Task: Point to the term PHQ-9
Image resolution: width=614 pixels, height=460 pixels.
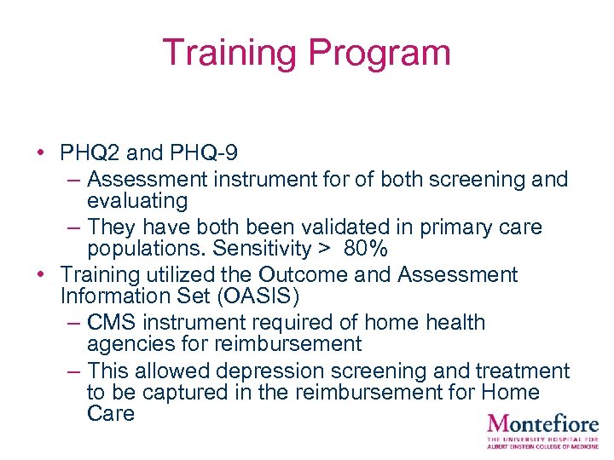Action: point(202,153)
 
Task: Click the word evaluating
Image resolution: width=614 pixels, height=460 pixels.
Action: point(137,201)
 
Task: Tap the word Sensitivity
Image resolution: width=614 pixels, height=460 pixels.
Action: point(263,250)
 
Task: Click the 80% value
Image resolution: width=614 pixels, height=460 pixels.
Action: point(367,250)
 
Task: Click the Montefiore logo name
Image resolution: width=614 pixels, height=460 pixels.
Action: point(542,423)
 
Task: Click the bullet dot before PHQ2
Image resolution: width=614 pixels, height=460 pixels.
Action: point(41,153)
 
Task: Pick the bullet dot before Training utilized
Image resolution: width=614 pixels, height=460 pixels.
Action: point(41,275)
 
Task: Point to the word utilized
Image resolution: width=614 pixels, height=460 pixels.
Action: point(177,275)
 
